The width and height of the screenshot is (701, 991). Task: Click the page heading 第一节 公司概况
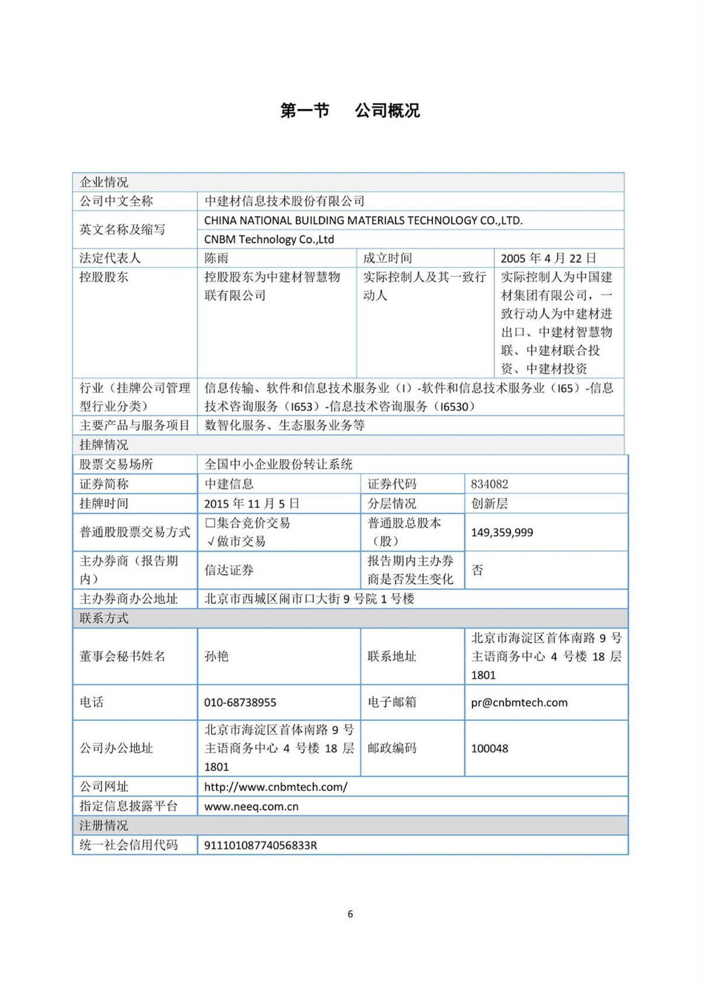click(350, 110)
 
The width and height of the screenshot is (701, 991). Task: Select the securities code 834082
click(490, 484)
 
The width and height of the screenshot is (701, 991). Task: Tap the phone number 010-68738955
click(240, 702)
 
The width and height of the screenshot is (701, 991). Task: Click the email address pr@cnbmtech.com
click(519, 702)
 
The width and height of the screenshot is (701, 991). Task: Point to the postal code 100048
click(490, 749)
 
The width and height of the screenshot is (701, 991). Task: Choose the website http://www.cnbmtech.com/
click(276, 787)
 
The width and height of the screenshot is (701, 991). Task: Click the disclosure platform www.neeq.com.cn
click(251, 806)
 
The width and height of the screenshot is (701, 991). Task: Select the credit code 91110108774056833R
click(261, 846)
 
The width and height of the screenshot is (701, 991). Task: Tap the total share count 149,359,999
click(502, 532)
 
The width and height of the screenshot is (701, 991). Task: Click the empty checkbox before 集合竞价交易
click(210, 523)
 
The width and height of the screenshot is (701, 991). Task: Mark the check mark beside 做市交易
click(211, 542)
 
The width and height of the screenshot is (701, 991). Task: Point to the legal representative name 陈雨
click(216, 258)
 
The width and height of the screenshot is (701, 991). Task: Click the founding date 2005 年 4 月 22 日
click(549, 258)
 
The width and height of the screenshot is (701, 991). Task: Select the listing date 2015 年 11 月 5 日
click(252, 504)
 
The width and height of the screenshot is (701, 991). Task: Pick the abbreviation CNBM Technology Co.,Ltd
click(269, 240)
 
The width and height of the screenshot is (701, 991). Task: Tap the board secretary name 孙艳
click(216, 656)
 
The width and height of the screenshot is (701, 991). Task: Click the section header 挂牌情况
click(104, 445)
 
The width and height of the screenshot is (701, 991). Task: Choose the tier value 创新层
click(490, 504)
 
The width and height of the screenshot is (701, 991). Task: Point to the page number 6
click(350, 914)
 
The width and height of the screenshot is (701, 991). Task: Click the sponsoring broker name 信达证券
click(228, 570)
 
